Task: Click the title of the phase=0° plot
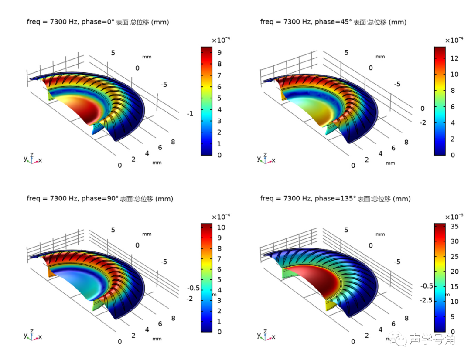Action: (98, 22)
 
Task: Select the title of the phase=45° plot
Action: (333, 22)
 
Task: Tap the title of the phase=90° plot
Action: (100, 199)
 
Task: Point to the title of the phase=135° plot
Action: (335, 199)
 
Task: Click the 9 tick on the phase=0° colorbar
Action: (219, 53)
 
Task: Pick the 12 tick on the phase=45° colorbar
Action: (455, 58)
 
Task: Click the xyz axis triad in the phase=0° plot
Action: (32, 159)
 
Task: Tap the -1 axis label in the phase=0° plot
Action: (190, 114)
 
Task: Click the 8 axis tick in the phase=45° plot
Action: (406, 142)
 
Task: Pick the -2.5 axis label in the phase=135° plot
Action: (427, 301)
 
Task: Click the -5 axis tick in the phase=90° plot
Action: (164, 262)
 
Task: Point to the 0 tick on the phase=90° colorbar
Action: (219, 332)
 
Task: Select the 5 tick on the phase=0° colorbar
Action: (219, 98)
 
